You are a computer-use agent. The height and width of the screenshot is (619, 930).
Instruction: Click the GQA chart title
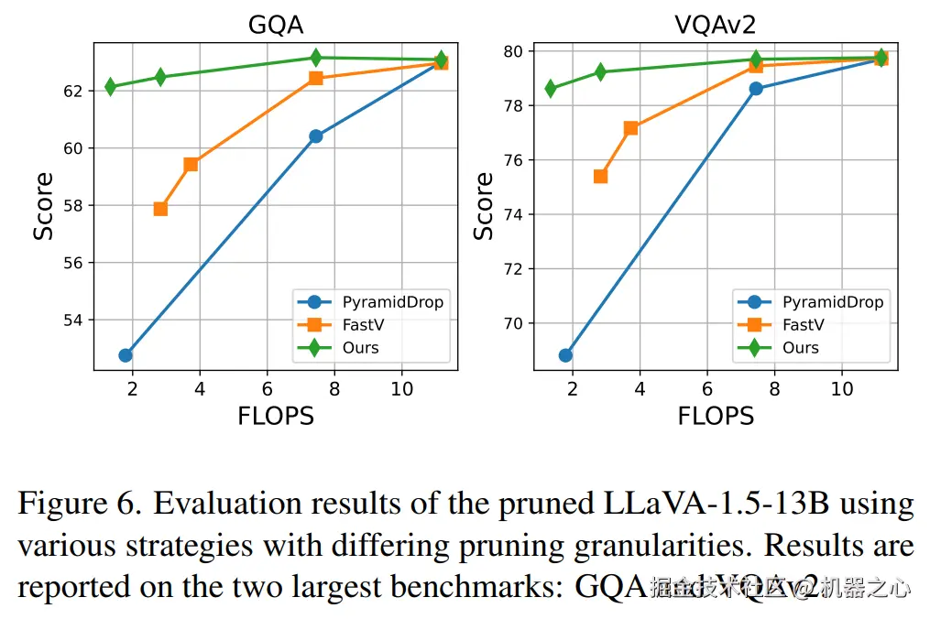[276, 25]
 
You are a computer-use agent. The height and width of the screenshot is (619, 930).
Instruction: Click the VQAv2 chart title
[716, 25]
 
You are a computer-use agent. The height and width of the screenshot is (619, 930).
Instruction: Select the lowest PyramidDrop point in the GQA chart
[126, 354]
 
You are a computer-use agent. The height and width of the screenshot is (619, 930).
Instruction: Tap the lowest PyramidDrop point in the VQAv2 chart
[565, 354]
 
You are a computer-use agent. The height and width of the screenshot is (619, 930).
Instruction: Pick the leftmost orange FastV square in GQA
[160, 209]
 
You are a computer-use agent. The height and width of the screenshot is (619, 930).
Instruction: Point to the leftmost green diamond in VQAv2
[551, 88]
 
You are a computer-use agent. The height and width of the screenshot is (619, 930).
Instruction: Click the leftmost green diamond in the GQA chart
[111, 86]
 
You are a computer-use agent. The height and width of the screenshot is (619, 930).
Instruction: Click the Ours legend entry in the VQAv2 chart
[800, 348]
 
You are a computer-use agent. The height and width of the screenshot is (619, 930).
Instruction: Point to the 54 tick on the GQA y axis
[72, 320]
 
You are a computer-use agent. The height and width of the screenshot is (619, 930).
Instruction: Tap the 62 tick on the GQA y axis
[72, 91]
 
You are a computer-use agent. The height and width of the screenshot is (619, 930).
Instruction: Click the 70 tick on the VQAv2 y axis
[512, 323]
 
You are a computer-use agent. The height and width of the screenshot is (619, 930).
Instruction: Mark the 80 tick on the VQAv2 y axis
[512, 51]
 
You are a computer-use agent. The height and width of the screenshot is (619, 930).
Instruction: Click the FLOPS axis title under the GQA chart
[276, 416]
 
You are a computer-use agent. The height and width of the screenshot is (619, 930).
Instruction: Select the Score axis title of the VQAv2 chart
[484, 206]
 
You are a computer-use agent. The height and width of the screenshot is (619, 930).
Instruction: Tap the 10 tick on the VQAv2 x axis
[841, 389]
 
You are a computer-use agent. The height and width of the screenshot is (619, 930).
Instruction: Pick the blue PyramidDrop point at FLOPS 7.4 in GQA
[315, 136]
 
